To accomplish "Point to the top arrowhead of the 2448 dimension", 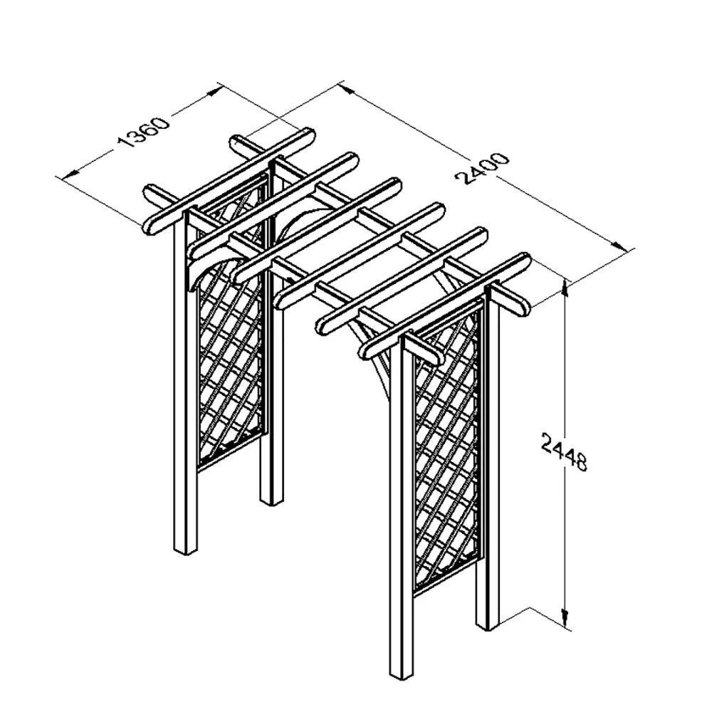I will click(566, 286).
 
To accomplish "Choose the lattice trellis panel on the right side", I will click(446, 449).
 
